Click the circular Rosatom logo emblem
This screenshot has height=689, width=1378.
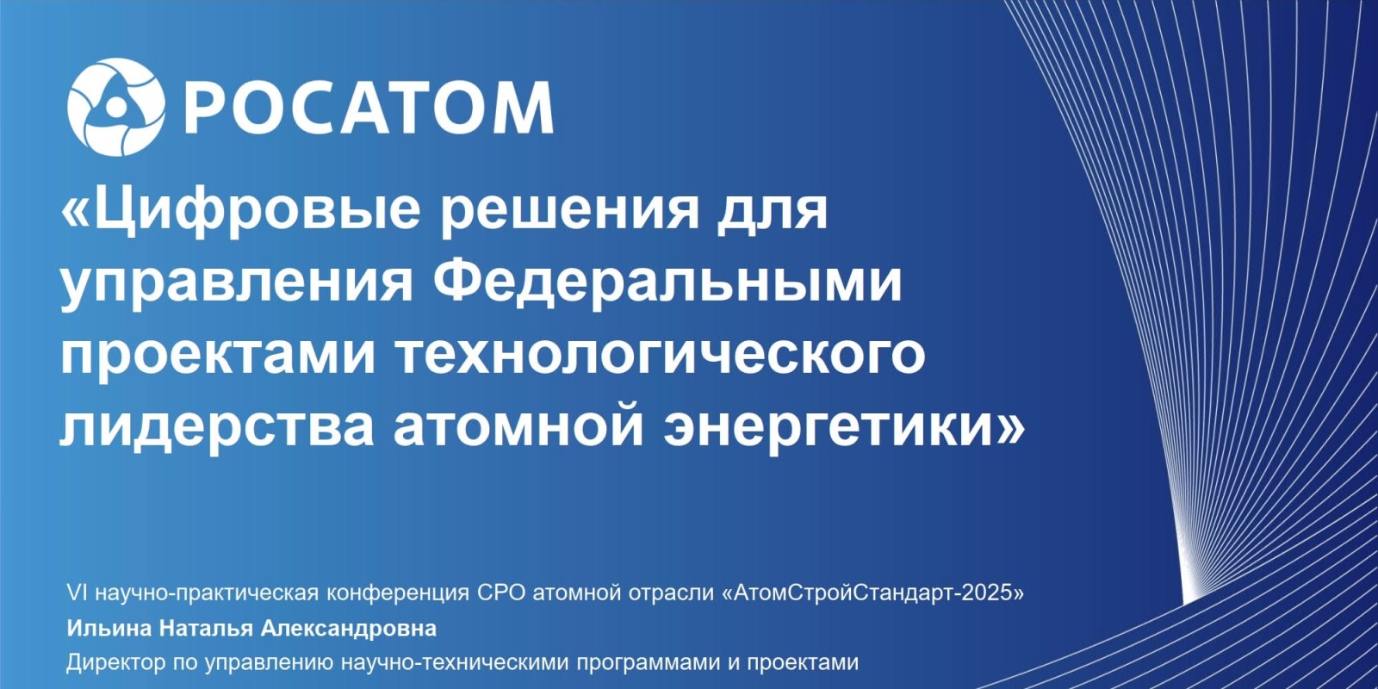click(115, 107)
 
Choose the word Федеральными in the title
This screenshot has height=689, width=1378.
click(668, 284)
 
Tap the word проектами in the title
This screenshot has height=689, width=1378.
click(216, 357)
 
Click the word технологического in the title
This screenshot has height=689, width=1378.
click(662, 357)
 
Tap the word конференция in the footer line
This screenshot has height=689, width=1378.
click(398, 593)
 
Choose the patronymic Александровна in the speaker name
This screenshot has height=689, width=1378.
click(348, 629)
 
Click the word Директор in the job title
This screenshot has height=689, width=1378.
click(116, 663)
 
